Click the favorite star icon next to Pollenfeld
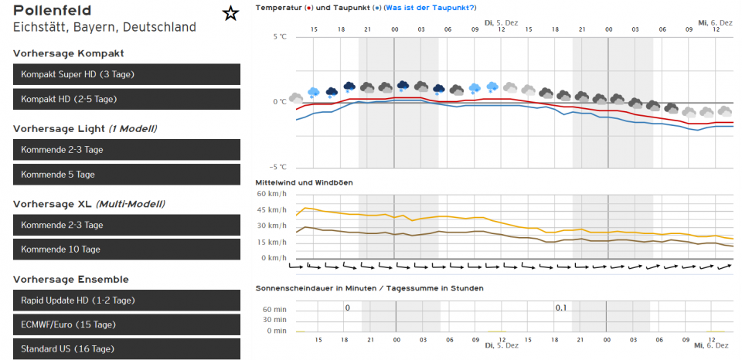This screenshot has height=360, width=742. tap(230, 14)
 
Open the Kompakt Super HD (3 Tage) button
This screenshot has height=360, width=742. tap(127, 74)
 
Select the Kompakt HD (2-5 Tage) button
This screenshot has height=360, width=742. tap(127, 99)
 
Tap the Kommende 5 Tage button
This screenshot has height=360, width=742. tap(127, 175)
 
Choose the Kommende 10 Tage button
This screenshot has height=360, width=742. tap(127, 250)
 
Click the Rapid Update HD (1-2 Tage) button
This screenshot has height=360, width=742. tap(127, 300)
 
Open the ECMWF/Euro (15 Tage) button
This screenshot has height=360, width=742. tap(127, 324)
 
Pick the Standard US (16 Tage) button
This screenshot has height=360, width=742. tap(127, 349)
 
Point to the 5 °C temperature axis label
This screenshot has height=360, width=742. tap(279, 37)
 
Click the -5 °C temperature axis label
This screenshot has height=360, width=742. tap(277, 167)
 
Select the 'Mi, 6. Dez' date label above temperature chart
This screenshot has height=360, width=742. tap(715, 23)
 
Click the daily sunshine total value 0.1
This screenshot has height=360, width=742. tap(560, 307)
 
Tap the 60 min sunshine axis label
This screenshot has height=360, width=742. tap(274, 307)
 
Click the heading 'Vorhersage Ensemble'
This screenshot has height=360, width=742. tap(71, 279)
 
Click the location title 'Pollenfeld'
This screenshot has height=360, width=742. tap(52, 11)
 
